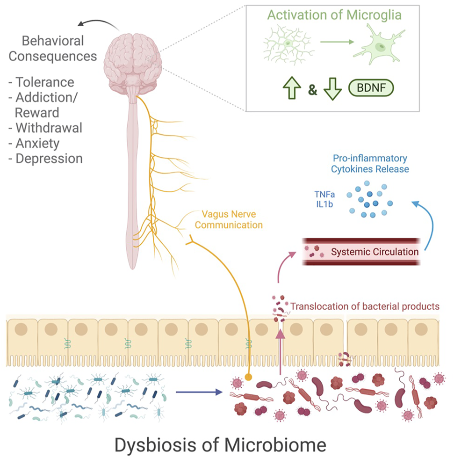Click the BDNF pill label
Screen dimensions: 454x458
pos(371,87)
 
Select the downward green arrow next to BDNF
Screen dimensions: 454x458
pos(332,89)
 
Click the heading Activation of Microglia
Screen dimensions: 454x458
pos(334,15)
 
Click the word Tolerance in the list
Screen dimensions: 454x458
pos(45,82)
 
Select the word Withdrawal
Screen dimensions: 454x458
pos(49,128)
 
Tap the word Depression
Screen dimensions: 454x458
pos(49,159)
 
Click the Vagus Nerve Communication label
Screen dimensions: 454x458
pos(229,219)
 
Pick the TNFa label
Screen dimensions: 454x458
pos(324,194)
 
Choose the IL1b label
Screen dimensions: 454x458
pos(324,204)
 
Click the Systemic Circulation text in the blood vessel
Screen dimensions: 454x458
pos(375,252)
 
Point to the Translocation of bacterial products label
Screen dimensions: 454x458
pos(365,306)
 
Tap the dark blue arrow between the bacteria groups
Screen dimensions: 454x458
pos(199,392)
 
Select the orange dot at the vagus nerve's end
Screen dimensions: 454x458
pos(248,377)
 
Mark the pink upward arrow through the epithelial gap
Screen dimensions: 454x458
pos(280,351)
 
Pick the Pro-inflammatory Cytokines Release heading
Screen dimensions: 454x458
pos(370,164)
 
